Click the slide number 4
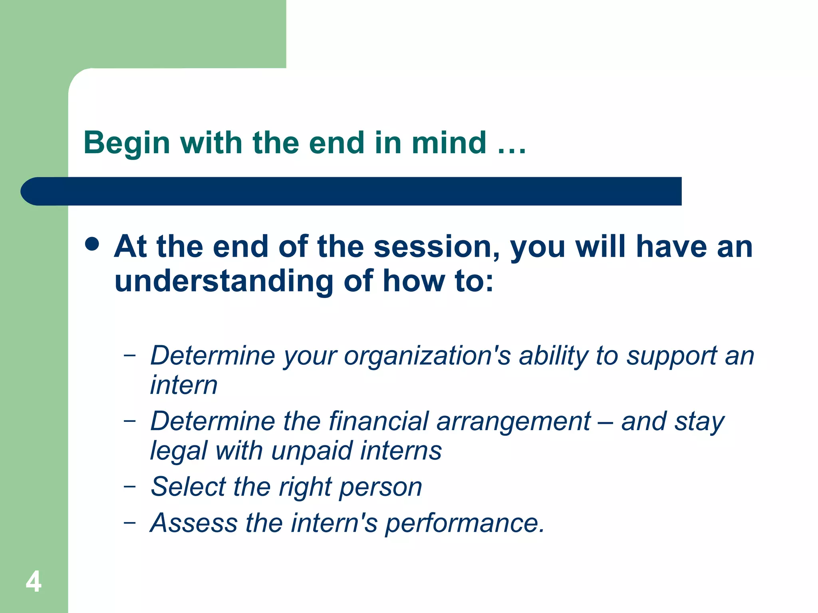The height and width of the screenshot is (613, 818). [x=34, y=581]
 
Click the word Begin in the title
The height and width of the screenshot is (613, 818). [x=127, y=143]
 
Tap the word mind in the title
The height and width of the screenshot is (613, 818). [x=449, y=143]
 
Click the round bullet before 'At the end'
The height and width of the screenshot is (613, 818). [x=92, y=244]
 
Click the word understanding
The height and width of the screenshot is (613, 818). [x=224, y=281]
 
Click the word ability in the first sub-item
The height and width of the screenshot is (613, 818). [x=553, y=356]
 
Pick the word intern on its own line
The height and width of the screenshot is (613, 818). [x=184, y=385]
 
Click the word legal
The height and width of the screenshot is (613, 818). [x=179, y=451]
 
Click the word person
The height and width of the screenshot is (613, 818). [x=380, y=488]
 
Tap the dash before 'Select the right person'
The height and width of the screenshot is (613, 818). [x=129, y=486]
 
